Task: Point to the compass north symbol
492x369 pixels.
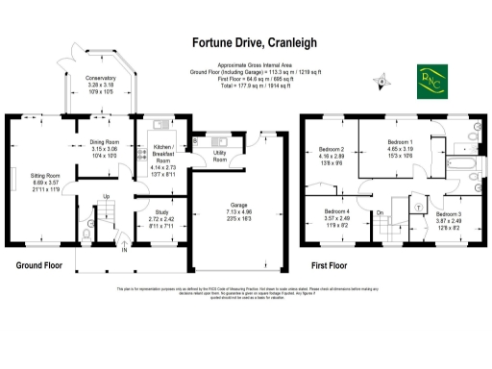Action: tap(382, 83)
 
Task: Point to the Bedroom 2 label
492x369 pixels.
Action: tap(331, 150)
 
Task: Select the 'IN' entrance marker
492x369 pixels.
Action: tap(122, 251)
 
